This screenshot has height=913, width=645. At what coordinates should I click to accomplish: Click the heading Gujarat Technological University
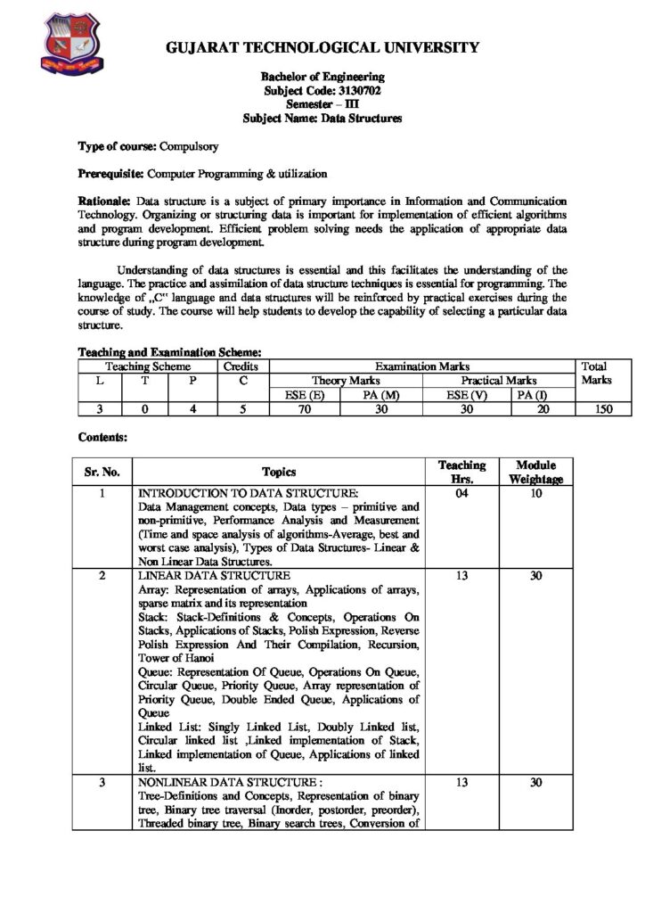pos(322,47)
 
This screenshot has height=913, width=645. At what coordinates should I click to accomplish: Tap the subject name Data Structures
pos(364,118)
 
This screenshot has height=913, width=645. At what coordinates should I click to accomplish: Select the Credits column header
pos(241,366)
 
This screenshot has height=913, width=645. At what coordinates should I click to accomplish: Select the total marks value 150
pos(592,409)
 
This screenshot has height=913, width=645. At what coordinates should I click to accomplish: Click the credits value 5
pos(241,409)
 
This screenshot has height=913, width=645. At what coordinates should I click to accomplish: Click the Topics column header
pos(279,472)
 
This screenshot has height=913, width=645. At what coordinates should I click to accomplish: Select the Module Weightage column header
pos(535,472)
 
